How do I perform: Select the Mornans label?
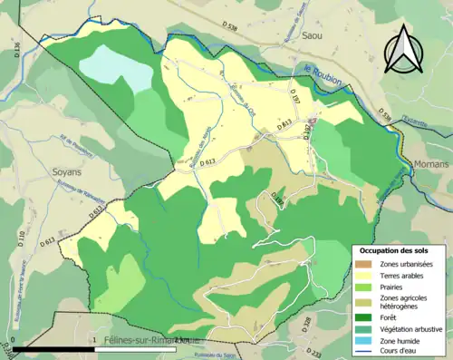click(x=430, y=164)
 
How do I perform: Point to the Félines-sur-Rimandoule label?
click(x=149, y=339)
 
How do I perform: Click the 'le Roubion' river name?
click(x=318, y=78)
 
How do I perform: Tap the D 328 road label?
click(x=305, y=322)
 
